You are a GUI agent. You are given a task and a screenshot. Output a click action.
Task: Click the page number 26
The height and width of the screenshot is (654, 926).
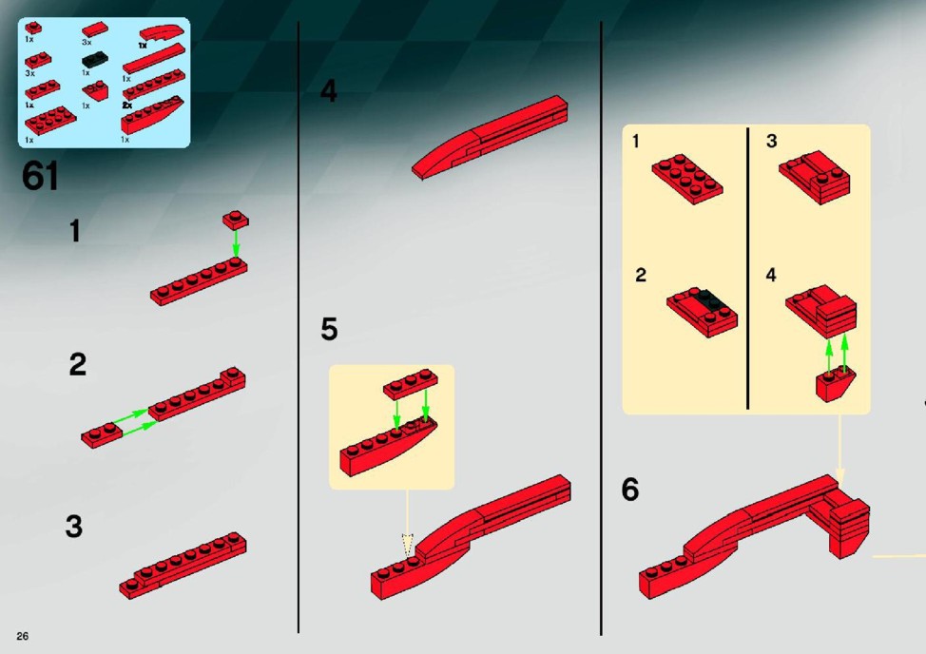pos(23,636)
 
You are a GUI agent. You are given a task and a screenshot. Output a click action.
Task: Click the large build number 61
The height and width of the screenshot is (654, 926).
pos(41,176)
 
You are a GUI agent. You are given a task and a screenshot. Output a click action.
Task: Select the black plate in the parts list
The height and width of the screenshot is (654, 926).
pos(94,60)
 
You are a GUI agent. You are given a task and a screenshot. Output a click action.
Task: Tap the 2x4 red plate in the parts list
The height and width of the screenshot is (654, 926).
pos(50,121)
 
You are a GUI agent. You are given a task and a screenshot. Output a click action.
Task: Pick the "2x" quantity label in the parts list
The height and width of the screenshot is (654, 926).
pos(127,106)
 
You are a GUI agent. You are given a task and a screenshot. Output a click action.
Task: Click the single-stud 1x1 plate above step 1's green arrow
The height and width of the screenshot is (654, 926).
pos(236,220)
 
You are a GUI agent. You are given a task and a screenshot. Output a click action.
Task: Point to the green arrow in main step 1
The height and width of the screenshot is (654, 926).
pos(236,243)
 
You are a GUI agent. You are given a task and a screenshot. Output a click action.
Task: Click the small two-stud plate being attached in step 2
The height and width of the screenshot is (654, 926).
pos(102,435)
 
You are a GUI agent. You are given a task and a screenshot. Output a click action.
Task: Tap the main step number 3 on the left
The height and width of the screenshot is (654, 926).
pos(74,526)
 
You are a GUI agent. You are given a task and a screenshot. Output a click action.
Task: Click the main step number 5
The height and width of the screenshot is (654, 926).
pos(329,329)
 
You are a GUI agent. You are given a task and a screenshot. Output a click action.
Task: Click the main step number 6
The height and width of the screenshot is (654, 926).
pos(630,490)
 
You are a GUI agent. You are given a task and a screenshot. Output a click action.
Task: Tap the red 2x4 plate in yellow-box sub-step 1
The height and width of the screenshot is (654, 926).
pos(687,179)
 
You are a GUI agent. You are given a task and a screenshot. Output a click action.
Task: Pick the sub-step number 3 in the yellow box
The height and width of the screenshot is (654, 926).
pos(771,141)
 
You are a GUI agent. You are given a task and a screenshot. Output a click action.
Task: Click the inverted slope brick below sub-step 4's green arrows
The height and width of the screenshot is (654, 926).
pos(835,384)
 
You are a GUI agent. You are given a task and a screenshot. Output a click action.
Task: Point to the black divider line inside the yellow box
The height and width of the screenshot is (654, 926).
pos(747,269)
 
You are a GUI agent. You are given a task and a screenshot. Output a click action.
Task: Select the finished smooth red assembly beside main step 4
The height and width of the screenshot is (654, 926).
pos(491,137)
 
